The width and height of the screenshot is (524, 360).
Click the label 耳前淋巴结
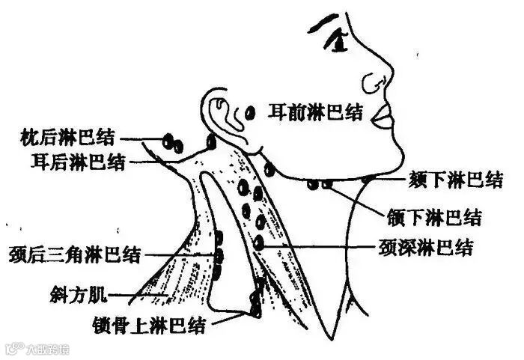[x=315, y=113]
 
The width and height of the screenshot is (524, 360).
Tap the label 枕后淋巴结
[x=69, y=137]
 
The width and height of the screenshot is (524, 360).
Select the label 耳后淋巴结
[x=79, y=160]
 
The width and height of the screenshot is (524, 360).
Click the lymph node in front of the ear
[x=251, y=113]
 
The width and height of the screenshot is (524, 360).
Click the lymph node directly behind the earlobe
[x=212, y=141]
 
